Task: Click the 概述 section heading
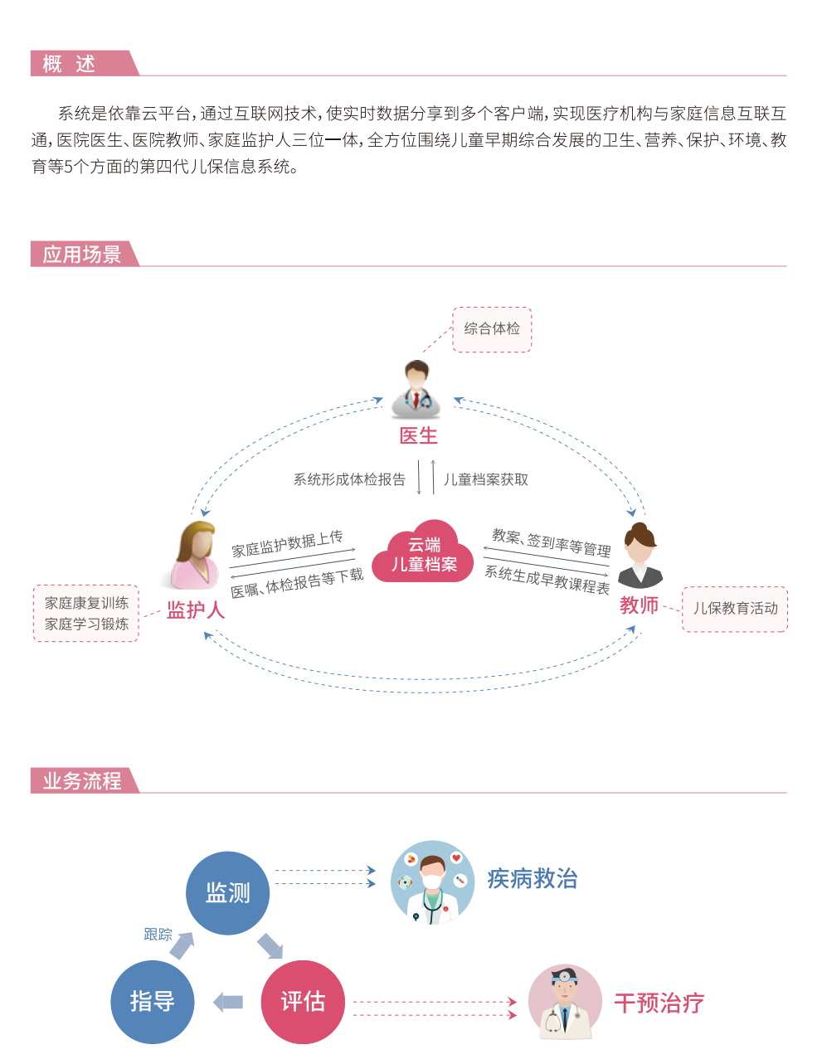pos(70,64)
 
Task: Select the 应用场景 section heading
pos(82,255)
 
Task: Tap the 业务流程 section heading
pos(82,781)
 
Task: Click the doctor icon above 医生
pos(416,389)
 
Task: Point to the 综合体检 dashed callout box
pos(492,329)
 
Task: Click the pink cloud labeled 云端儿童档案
pos(424,554)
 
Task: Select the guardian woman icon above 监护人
pos(196,555)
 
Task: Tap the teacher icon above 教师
pos(640,556)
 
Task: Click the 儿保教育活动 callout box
pos(735,609)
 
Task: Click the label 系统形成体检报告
pos(349,479)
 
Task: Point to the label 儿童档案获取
pos(486,479)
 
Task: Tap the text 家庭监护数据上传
pos(287,543)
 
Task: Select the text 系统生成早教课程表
pos(547,579)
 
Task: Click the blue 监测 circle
pos(227,893)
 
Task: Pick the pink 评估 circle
pos(303,1002)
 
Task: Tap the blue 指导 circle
pos(153,1002)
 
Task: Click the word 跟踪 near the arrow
pos(158,935)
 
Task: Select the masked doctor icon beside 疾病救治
pos(432,882)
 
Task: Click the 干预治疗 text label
pos(659,1003)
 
